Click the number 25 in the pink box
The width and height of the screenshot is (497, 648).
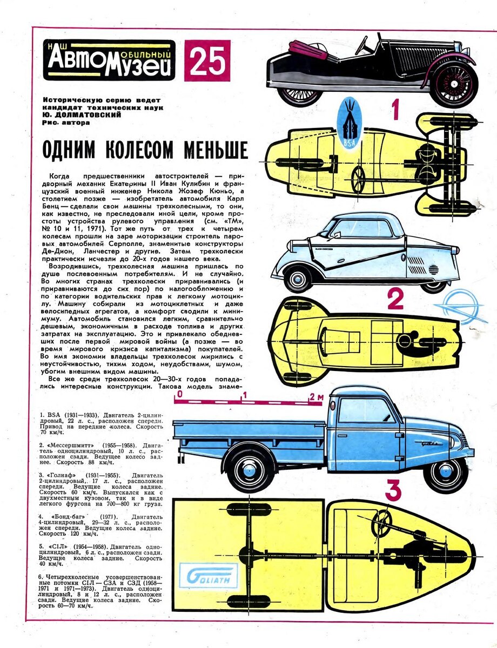pos(207,60)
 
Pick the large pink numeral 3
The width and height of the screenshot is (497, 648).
pos(393,491)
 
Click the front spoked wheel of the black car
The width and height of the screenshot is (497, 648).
pos(454,85)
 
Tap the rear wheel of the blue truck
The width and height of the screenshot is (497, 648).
pos(250,469)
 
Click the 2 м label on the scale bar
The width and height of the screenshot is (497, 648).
pos(316,396)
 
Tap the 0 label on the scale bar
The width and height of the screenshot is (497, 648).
pos(179,395)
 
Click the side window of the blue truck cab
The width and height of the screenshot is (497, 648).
pos(365,410)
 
